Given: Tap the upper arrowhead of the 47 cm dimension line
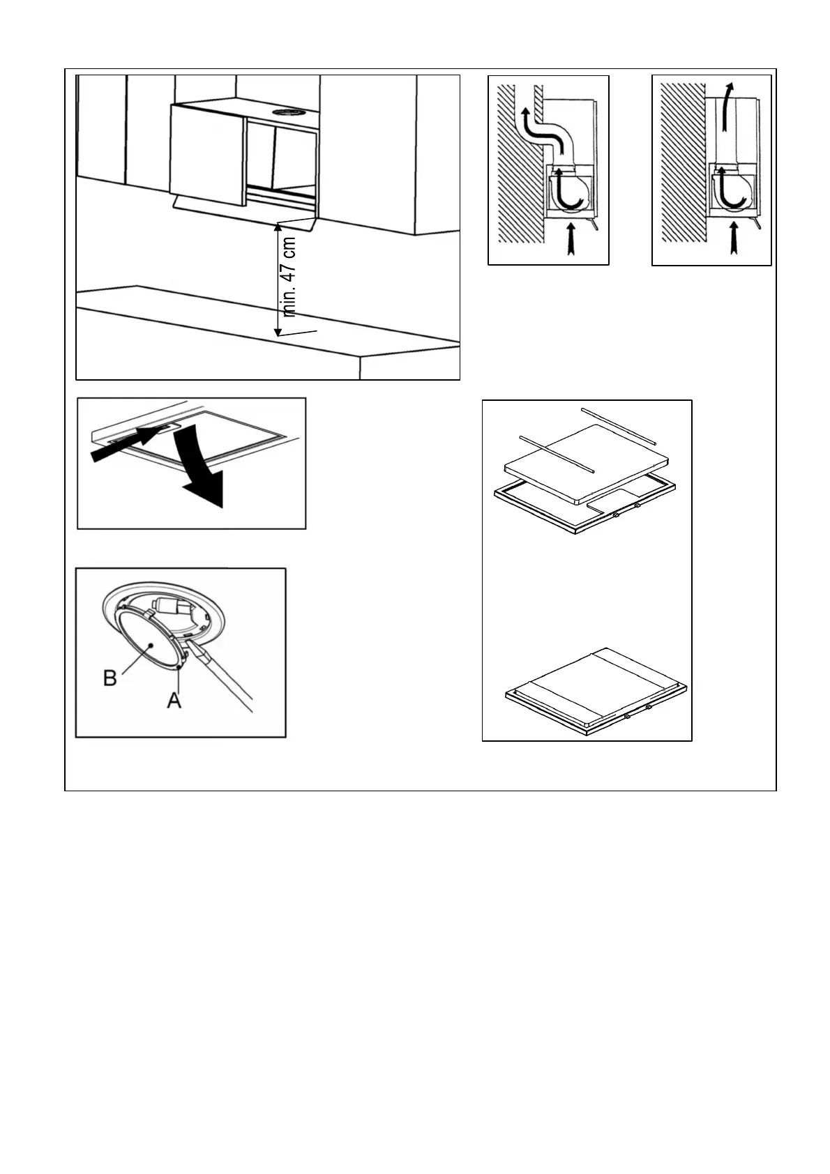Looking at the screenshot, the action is coord(278,227).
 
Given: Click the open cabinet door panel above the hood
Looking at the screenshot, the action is coord(206,153).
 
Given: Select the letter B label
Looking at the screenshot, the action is coord(110,677).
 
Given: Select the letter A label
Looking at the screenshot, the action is coord(174,700).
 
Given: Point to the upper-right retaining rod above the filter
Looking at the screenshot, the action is coord(619,425).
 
